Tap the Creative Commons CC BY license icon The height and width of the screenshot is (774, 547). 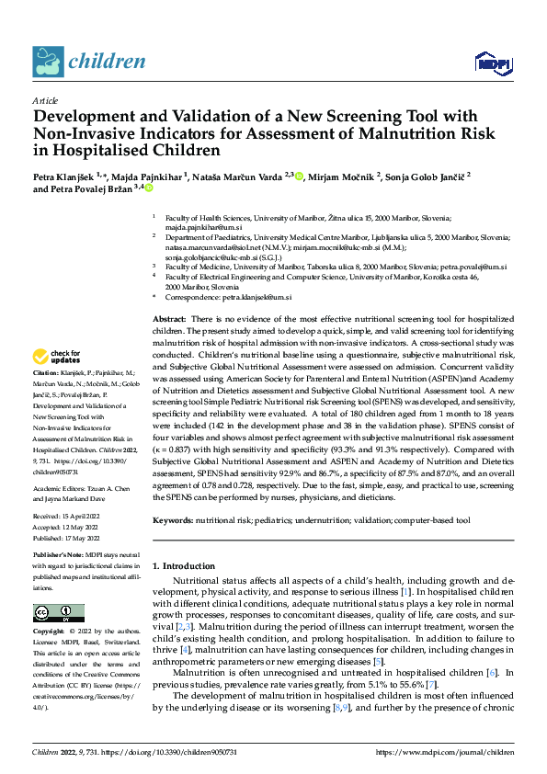(x=58, y=612)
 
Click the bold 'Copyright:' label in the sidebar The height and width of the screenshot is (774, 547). (x=49, y=632)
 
